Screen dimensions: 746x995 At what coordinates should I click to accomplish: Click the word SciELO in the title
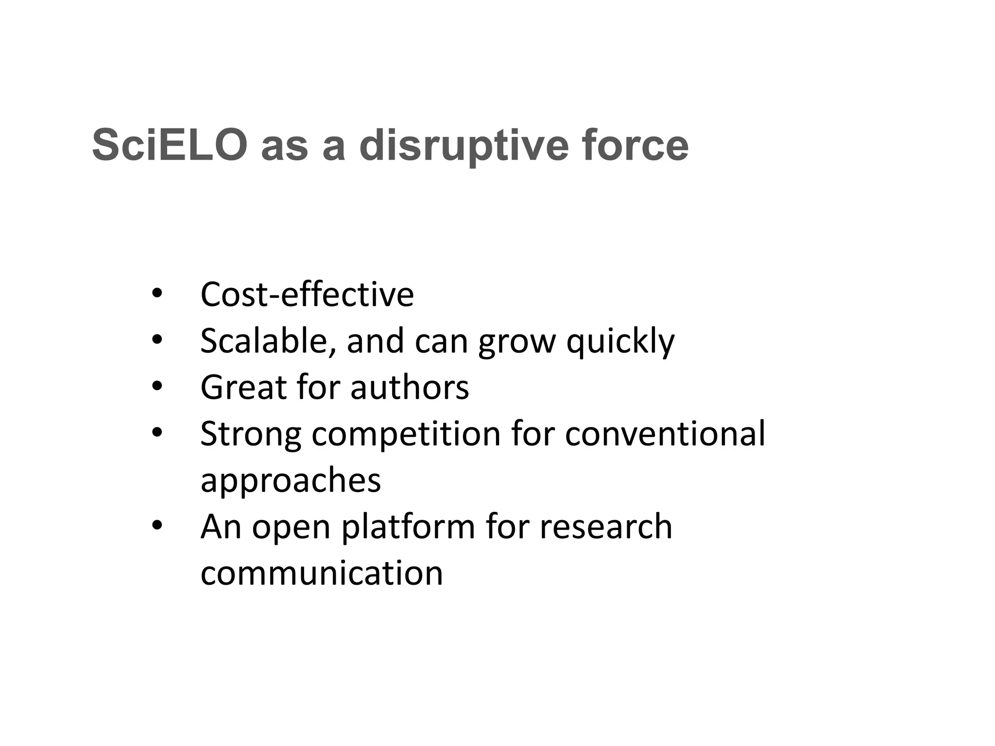coord(170,145)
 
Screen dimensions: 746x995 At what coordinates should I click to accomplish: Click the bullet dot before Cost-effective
coord(156,293)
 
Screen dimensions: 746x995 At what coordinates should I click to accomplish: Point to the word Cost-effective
coord(307,294)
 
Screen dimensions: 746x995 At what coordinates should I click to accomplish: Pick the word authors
coord(410,388)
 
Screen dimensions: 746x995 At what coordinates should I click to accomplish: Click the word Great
coord(243,387)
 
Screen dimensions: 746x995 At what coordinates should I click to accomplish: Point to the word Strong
coord(251,434)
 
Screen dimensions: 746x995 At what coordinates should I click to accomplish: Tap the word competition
coord(406,434)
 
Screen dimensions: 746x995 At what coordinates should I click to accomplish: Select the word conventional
coord(665,433)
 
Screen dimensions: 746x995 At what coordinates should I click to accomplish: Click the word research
coord(606,526)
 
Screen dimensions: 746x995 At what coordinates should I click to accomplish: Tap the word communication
coord(322,573)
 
